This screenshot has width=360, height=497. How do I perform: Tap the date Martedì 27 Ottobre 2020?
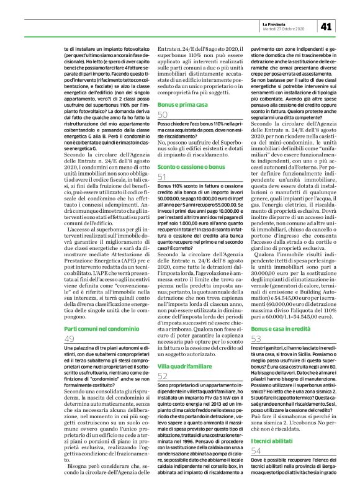click(x=283, y=29)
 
